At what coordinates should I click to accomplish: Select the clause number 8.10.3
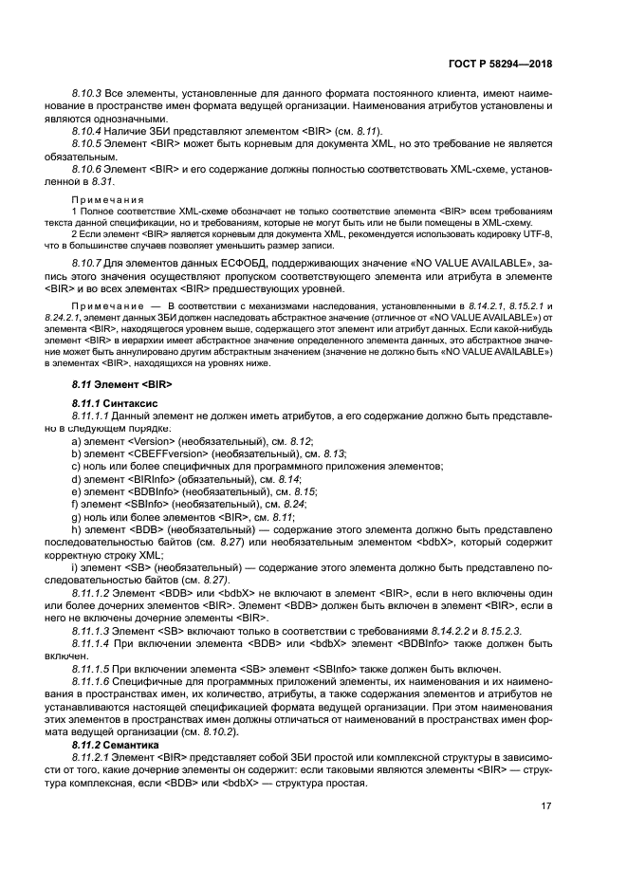(x=87, y=96)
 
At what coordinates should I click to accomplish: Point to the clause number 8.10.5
(x=87, y=143)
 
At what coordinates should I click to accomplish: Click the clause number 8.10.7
(x=87, y=260)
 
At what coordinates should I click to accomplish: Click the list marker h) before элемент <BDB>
(x=76, y=527)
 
